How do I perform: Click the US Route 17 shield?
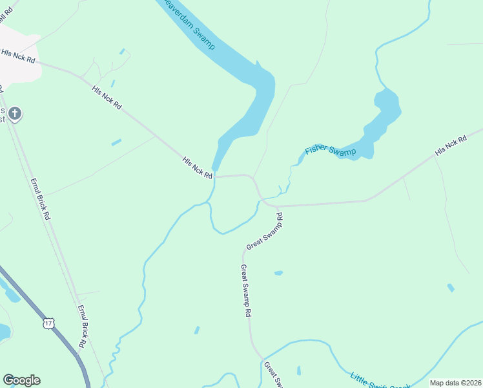tap(48, 322)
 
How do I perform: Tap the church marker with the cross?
tap(15, 114)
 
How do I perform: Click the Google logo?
tap(21, 380)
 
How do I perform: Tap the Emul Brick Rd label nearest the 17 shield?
tap(82, 327)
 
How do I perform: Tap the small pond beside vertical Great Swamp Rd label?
tap(278, 273)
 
